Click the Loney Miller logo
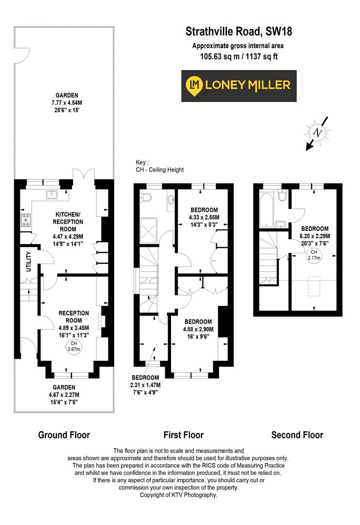pos(236,86)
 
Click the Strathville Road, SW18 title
pos(239,32)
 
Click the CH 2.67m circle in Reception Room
pos(73,346)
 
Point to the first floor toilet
pos(146,197)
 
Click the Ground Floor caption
pos(64,435)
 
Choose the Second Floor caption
pos(297,435)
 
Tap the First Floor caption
pos(182,435)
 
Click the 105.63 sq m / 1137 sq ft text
pos(239,57)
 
